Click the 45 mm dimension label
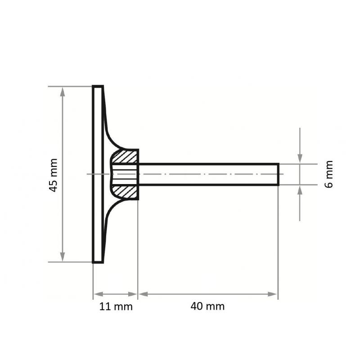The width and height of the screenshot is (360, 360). coord(54,175)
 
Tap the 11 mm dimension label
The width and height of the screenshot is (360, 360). coord(116,307)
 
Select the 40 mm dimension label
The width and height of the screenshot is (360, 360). coord(207,307)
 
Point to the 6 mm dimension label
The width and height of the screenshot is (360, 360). coord(329,174)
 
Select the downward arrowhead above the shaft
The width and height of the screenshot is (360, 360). coord(300,159)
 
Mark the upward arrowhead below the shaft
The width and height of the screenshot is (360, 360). coord(300,189)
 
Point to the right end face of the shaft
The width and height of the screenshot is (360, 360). coord(279,174)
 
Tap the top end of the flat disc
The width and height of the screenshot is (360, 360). coord(98,86)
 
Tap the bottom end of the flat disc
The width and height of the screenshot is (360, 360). coord(98,261)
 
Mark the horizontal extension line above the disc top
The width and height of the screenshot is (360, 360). coord(70,86)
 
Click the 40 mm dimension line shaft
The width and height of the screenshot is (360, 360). coord(207,294)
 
